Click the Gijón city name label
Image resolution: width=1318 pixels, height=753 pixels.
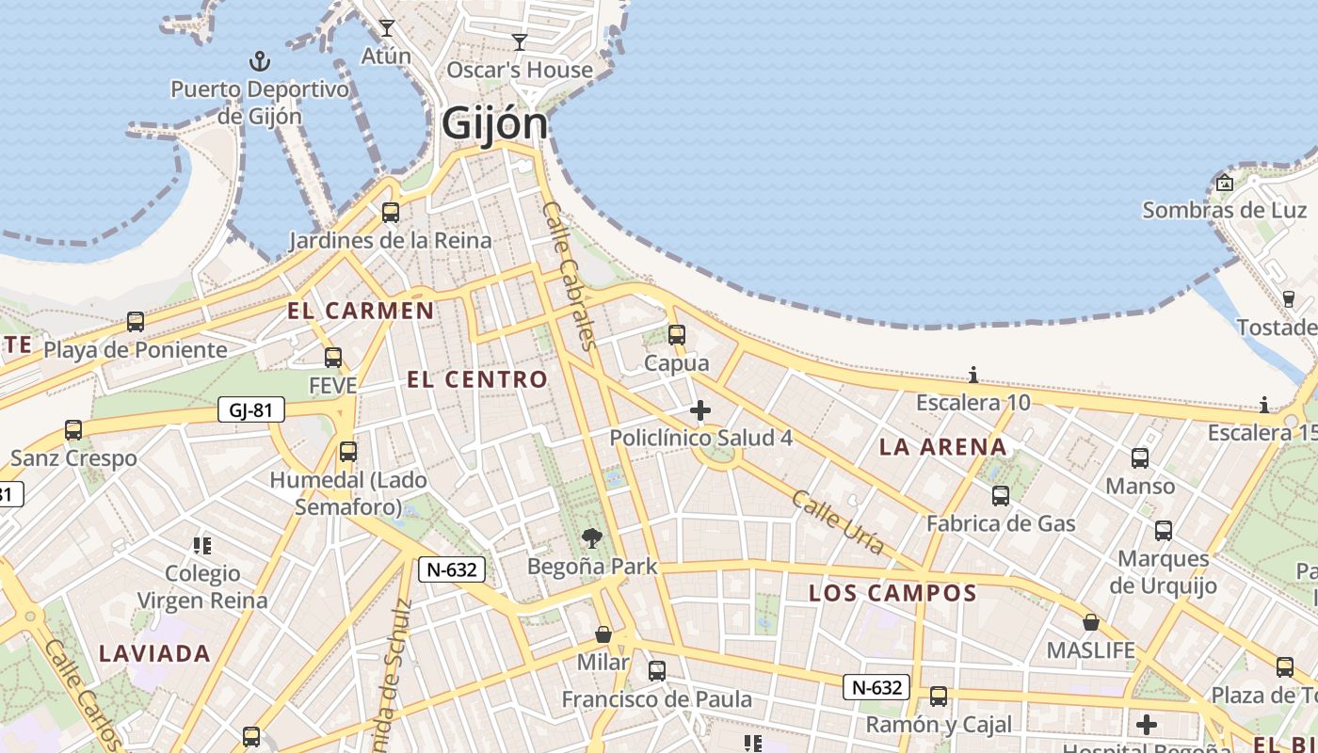pyautogui.click(x=494, y=123)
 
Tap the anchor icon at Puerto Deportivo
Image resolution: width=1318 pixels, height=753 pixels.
pyautogui.click(x=259, y=62)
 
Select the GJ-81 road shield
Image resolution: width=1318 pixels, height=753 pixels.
pyautogui.click(x=250, y=409)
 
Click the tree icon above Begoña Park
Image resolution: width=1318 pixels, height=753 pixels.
pyautogui.click(x=592, y=538)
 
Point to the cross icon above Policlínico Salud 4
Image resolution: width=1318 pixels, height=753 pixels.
pyautogui.click(x=700, y=410)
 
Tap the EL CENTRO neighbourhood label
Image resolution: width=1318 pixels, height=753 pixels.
pyautogui.click(x=477, y=379)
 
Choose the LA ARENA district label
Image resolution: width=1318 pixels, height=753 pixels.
pyautogui.click(x=943, y=447)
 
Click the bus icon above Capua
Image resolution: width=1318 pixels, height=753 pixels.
pyautogui.click(x=676, y=334)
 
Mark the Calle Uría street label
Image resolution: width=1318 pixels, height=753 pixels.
pyautogui.click(x=838, y=521)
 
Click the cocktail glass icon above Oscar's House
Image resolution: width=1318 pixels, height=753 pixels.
pyautogui.click(x=519, y=42)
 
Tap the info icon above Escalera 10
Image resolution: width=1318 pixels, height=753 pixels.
pyautogui.click(x=973, y=376)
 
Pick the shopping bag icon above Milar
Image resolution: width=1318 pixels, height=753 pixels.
pyautogui.click(x=603, y=635)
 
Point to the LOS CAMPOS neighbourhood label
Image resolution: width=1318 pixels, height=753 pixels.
pyautogui.click(x=892, y=593)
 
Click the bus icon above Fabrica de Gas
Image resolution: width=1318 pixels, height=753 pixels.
pyautogui.click(x=1001, y=495)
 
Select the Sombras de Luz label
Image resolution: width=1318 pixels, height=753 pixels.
pyautogui.click(x=1224, y=210)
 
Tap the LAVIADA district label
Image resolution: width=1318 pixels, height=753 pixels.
pyautogui.click(x=154, y=653)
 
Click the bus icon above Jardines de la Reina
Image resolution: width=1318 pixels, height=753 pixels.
pyautogui.click(x=390, y=213)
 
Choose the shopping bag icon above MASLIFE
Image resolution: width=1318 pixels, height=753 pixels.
pyautogui.click(x=1091, y=623)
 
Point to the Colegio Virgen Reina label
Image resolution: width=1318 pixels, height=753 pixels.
pyautogui.click(x=202, y=586)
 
